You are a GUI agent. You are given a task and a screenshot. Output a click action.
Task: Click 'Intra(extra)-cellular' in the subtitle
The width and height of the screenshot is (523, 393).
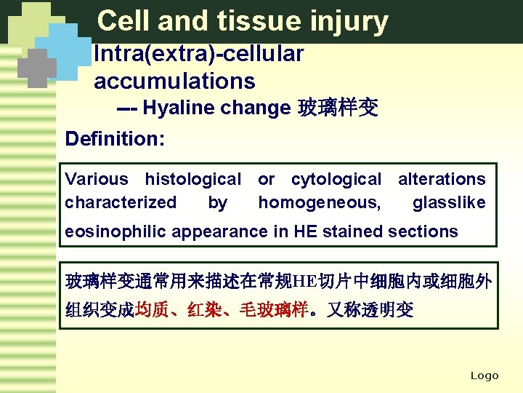coord(198,53)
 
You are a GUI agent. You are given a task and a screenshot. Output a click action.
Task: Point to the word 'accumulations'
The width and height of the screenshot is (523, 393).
coord(174,81)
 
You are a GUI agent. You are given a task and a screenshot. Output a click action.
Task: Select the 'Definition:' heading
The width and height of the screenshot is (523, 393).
coord(115,138)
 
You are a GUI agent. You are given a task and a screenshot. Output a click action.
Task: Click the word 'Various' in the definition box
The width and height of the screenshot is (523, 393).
coord(96,179)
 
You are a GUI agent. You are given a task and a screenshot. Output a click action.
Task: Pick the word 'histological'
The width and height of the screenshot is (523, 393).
coord(192,179)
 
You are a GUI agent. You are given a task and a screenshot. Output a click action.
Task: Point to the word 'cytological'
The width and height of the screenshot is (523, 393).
coord(336,179)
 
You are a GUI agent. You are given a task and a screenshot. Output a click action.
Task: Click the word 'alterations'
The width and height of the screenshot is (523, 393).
coord(442,179)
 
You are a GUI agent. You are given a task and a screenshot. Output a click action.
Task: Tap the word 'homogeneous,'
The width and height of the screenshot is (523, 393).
coord(319,202)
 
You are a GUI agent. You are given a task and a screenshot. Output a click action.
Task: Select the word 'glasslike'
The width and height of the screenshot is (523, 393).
coord(449,202)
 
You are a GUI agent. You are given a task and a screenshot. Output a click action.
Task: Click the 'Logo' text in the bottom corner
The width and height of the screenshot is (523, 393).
coord(485,376)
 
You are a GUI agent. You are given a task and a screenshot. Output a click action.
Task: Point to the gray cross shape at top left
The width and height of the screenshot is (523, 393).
coord(36,68)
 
